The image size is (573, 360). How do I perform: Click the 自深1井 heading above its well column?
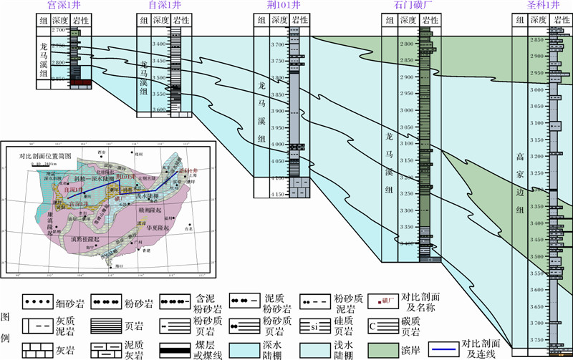click(x=163, y=6)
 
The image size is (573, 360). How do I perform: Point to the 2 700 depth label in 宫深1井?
click(x=57, y=31)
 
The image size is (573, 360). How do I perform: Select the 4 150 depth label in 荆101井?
click(x=277, y=194)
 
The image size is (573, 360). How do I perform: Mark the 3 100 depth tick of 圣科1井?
click(x=537, y=123)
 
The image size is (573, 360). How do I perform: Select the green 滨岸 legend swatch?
click(x=382, y=349)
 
